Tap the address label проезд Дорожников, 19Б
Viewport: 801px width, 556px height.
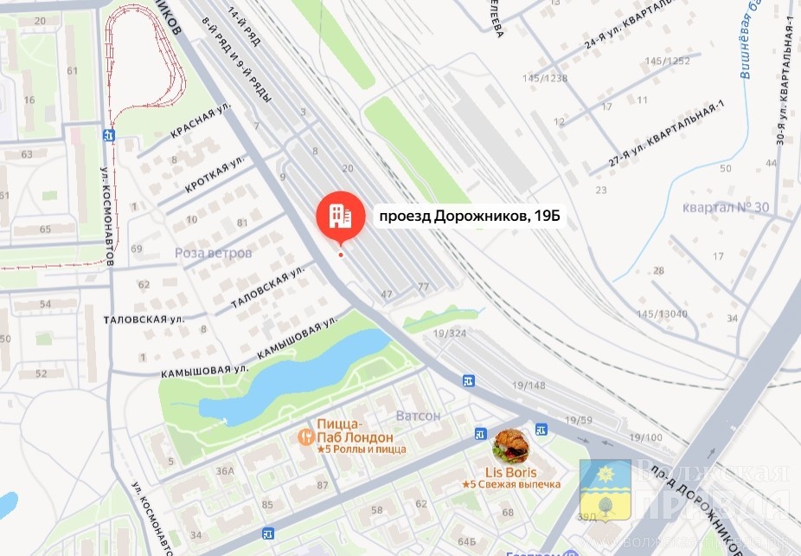(467, 217)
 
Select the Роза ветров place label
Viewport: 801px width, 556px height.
(213, 253)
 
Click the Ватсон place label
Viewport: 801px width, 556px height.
(418, 416)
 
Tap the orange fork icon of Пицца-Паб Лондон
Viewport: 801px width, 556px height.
(304, 437)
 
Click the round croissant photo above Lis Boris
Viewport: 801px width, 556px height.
(510, 445)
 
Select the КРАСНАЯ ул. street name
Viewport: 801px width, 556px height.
(202, 122)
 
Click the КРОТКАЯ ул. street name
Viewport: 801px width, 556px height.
(214, 176)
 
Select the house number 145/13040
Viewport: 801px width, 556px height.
(663, 313)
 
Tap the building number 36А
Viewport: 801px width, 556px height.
(226, 471)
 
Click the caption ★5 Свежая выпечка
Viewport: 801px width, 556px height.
(510, 484)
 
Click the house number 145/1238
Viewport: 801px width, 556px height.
(545, 78)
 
